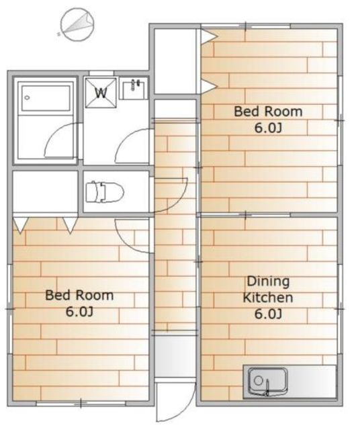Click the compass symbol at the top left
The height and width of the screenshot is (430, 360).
click(x=77, y=25)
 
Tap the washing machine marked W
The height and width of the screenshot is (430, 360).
click(x=101, y=93)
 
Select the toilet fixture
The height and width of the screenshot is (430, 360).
click(x=105, y=191)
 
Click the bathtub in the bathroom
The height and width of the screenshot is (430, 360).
click(x=46, y=98)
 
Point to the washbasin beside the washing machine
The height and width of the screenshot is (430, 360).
click(x=134, y=88)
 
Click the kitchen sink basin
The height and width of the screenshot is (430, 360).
click(x=268, y=382)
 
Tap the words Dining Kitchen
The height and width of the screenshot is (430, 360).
click(x=268, y=290)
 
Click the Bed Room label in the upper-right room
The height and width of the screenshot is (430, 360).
click(x=268, y=112)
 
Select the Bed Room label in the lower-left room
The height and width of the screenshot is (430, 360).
click(x=79, y=296)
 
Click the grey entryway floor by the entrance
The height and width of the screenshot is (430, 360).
click(x=175, y=357)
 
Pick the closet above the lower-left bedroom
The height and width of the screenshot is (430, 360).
click(x=46, y=191)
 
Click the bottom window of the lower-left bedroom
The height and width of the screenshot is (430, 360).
click(x=81, y=403)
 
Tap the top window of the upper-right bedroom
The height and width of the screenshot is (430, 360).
click(x=245, y=26)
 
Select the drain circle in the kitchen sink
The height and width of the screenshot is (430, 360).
click(x=258, y=380)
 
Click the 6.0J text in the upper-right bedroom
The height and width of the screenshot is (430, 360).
click(x=268, y=128)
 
